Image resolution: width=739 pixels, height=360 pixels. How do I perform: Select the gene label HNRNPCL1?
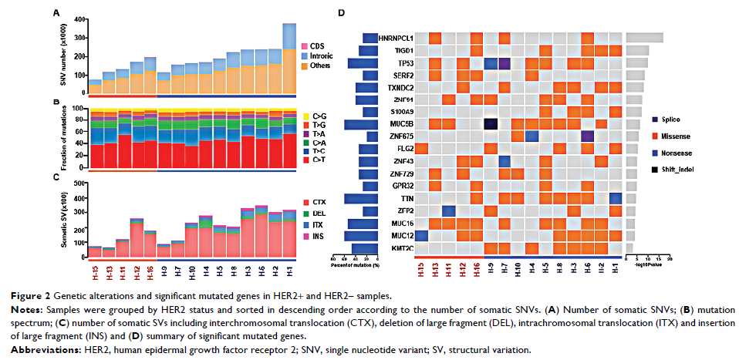pyautogui.click(x=379, y=38)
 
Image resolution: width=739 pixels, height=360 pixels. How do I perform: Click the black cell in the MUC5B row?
pyautogui.click(x=491, y=124)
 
